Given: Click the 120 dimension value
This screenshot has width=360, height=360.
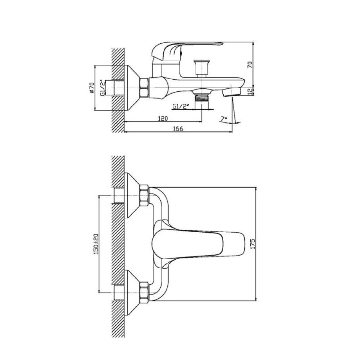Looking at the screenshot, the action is (x=163, y=118).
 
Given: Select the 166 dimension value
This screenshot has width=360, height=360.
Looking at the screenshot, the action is (x=178, y=129).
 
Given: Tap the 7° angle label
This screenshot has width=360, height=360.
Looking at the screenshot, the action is (x=224, y=119).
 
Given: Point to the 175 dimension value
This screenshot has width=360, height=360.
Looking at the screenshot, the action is (x=252, y=244).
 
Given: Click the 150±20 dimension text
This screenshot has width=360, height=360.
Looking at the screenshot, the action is (x=96, y=244).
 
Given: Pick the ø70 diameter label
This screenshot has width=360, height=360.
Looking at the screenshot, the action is (x=92, y=88).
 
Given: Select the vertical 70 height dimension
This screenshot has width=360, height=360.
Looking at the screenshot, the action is (x=250, y=64).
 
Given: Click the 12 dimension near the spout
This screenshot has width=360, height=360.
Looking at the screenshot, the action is (x=250, y=92).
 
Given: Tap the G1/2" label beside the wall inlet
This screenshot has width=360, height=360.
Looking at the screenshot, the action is (x=103, y=87).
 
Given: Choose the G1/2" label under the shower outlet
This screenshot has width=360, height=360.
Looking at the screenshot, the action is (x=180, y=107).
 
